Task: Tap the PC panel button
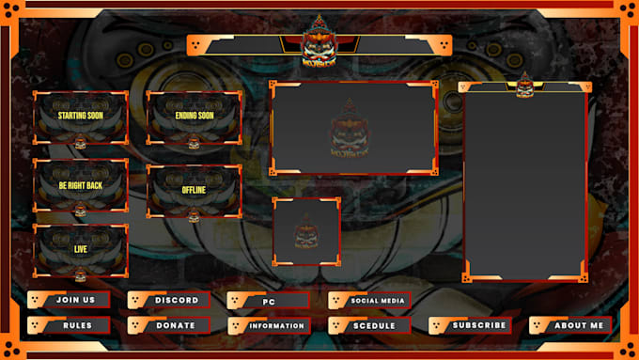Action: click(269, 301)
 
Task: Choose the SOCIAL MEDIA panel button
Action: click(369, 301)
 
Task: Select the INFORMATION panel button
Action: click(269, 326)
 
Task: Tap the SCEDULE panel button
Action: click(369, 326)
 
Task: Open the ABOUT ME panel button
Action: click(570, 325)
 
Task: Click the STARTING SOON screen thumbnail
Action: click(81, 117)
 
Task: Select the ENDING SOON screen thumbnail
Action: click(194, 117)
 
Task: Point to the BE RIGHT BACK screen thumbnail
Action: click(81, 185)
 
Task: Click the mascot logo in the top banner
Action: click(319, 42)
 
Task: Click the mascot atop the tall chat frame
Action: click(524, 85)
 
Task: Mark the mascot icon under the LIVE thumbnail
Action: click(81, 275)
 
